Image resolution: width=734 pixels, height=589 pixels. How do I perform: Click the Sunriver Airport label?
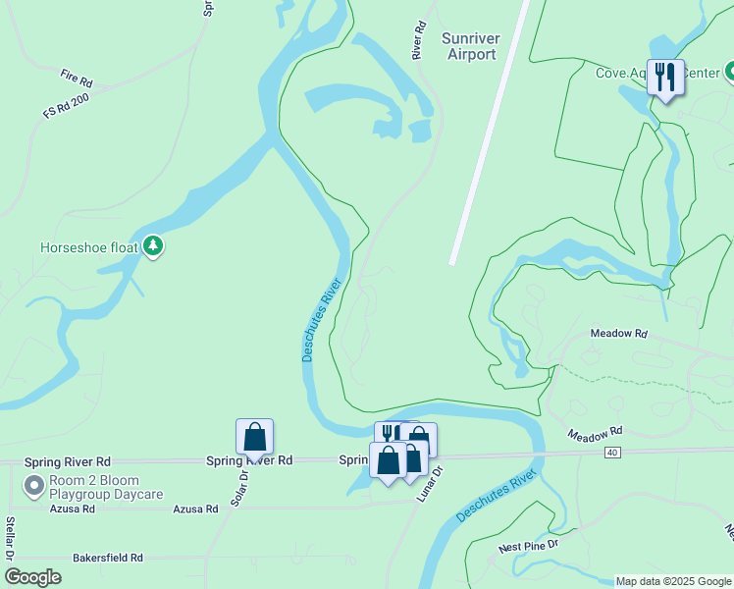472,46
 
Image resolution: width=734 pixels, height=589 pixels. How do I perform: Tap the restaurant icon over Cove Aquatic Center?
665,78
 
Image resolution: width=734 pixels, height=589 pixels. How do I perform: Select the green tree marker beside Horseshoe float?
152,246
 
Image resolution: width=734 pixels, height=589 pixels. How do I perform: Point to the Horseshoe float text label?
89,247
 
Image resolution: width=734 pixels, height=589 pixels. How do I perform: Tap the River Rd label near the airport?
419,38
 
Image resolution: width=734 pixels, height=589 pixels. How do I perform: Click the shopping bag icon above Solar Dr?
254,436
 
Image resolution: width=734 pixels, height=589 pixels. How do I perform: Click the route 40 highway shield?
612,452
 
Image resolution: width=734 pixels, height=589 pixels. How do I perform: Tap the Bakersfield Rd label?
108,558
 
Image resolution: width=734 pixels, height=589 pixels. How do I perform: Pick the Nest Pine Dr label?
528,543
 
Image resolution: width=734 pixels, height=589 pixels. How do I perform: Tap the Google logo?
32,577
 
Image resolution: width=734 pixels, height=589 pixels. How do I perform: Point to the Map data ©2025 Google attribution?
672,581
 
